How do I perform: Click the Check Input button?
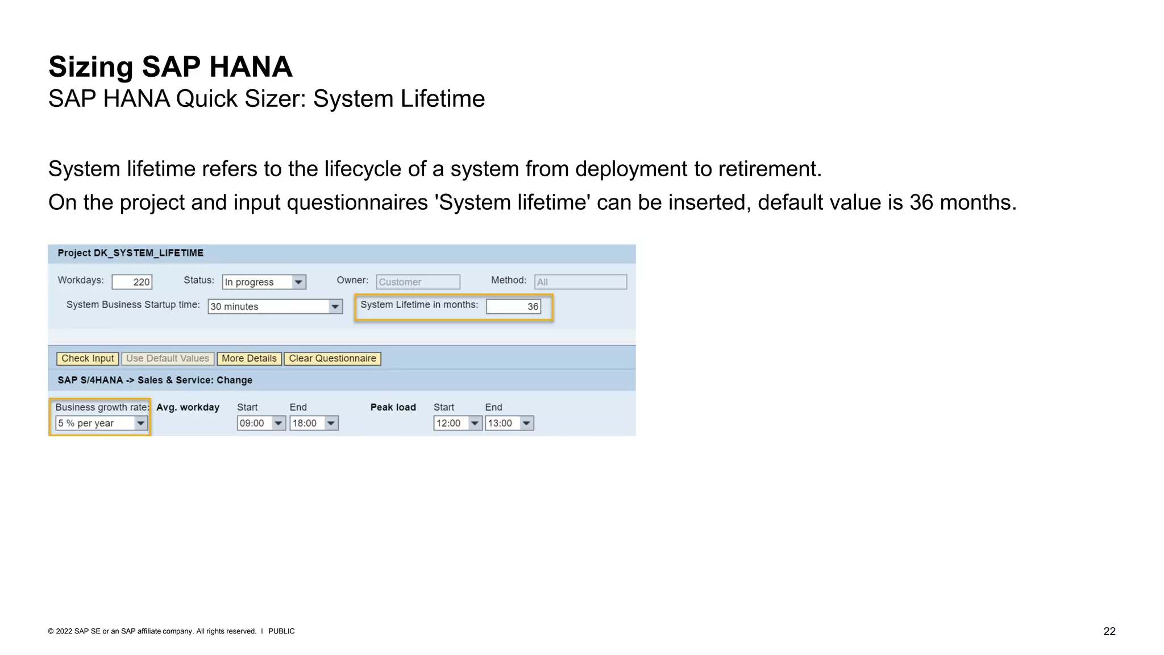tap(88, 359)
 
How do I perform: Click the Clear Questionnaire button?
tap(332, 359)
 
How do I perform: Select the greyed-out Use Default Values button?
tap(167, 359)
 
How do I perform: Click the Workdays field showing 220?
tap(132, 282)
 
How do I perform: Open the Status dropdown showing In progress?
tap(264, 282)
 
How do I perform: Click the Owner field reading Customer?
tap(418, 282)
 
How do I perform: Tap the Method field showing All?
tap(580, 282)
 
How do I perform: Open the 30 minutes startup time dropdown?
tap(275, 306)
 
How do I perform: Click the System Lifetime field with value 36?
tap(513, 306)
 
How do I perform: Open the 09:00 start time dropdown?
tap(261, 423)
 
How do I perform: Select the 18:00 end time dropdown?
tap(314, 423)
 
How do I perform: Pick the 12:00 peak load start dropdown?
tap(458, 423)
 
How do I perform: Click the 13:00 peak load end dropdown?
tap(509, 423)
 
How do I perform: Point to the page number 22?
tap(1109, 631)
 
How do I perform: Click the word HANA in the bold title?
tap(250, 67)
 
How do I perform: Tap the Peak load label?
tap(393, 407)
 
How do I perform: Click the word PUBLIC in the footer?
tap(281, 631)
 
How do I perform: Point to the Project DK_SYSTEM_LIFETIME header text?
tap(130, 253)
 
